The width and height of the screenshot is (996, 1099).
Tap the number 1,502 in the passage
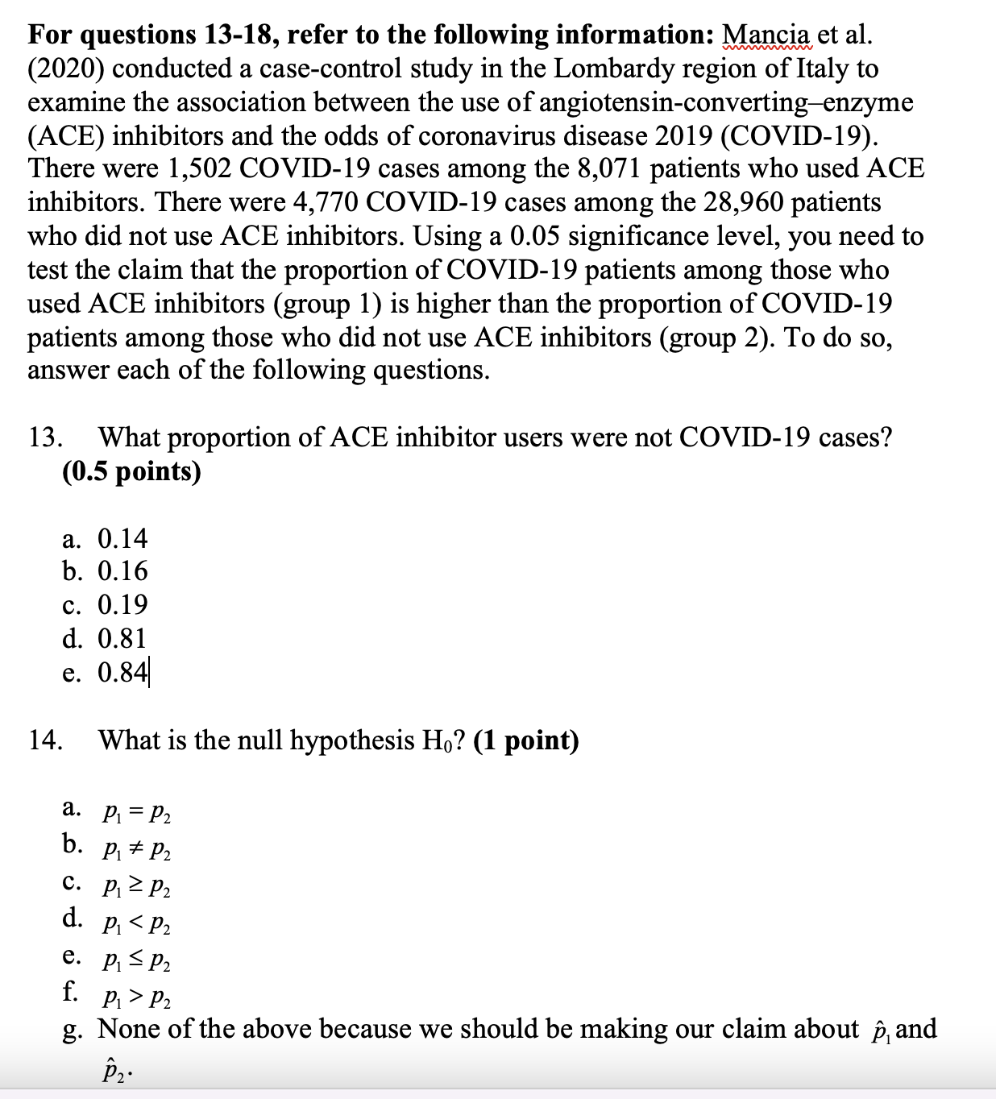coord(200,168)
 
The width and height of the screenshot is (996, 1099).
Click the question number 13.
coord(46,438)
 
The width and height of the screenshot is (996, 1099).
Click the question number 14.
coord(46,740)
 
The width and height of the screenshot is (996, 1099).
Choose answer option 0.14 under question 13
coord(122,538)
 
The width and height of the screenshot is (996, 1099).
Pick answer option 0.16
coord(122,571)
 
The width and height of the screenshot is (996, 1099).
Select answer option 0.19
coord(122,604)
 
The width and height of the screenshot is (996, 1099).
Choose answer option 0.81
coord(122,638)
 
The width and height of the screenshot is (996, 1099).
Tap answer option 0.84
coord(122,672)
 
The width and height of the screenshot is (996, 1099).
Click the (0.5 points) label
coord(131,471)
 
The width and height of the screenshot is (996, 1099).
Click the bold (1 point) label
coord(526,740)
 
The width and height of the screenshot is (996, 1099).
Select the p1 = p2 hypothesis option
coord(136,813)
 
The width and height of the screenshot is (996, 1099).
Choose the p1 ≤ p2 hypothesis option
coord(136,960)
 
